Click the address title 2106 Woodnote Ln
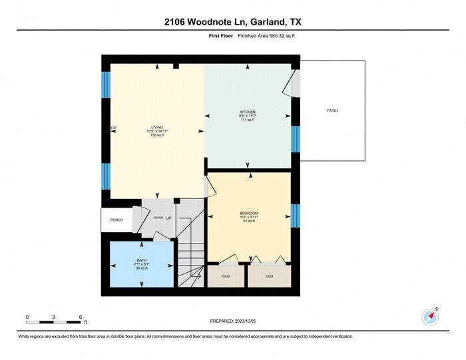(x=232, y=22)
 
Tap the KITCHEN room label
(x=248, y=112)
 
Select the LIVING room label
(x=157, y=127)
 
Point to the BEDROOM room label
(x=248, y=213)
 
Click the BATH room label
(x=141, y=260)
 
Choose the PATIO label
(x=332, y=110)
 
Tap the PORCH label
(x=116, y=220)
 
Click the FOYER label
(x=158, y=218)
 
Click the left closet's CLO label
(x=226, y=275)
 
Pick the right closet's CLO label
(x=269, y=275)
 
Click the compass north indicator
(x=430, y=317)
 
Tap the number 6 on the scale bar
(x=79, y=316)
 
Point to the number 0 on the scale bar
(x=27, y=316)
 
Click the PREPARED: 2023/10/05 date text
(x=232, y=321)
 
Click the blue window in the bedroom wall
(x=296, y=215)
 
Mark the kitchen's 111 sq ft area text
(x=248, y=121)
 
